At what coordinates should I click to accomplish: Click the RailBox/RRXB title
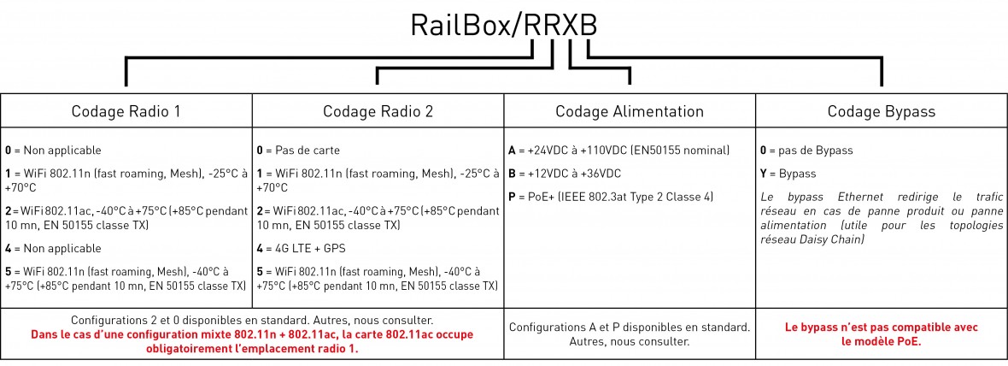[x=503, y=26]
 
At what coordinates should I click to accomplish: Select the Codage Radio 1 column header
[x=126, y=111]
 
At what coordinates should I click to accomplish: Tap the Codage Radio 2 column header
[x=378, y=111]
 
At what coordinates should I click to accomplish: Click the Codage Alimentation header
[x=630, y=111]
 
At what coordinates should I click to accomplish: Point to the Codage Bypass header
[x=881, y=111]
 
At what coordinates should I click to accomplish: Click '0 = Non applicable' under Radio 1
[x=53, y=150]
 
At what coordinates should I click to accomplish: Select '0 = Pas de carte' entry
[x=298, y=150]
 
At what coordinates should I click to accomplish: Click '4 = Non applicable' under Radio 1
[x=53, y=250]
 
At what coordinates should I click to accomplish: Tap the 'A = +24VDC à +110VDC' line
[x=618, y=150]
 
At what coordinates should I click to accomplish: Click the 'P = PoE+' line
[x=610, y=197]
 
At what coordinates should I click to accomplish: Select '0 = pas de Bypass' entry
[x=806, y=150]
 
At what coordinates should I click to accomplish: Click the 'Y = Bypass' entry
[x=788, y=173]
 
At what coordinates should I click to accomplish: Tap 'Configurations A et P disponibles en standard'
[x=630, y=327]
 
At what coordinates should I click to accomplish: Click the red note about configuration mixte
[x=251, y=341]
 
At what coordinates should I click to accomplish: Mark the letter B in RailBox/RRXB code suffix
[x=584, y=26]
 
